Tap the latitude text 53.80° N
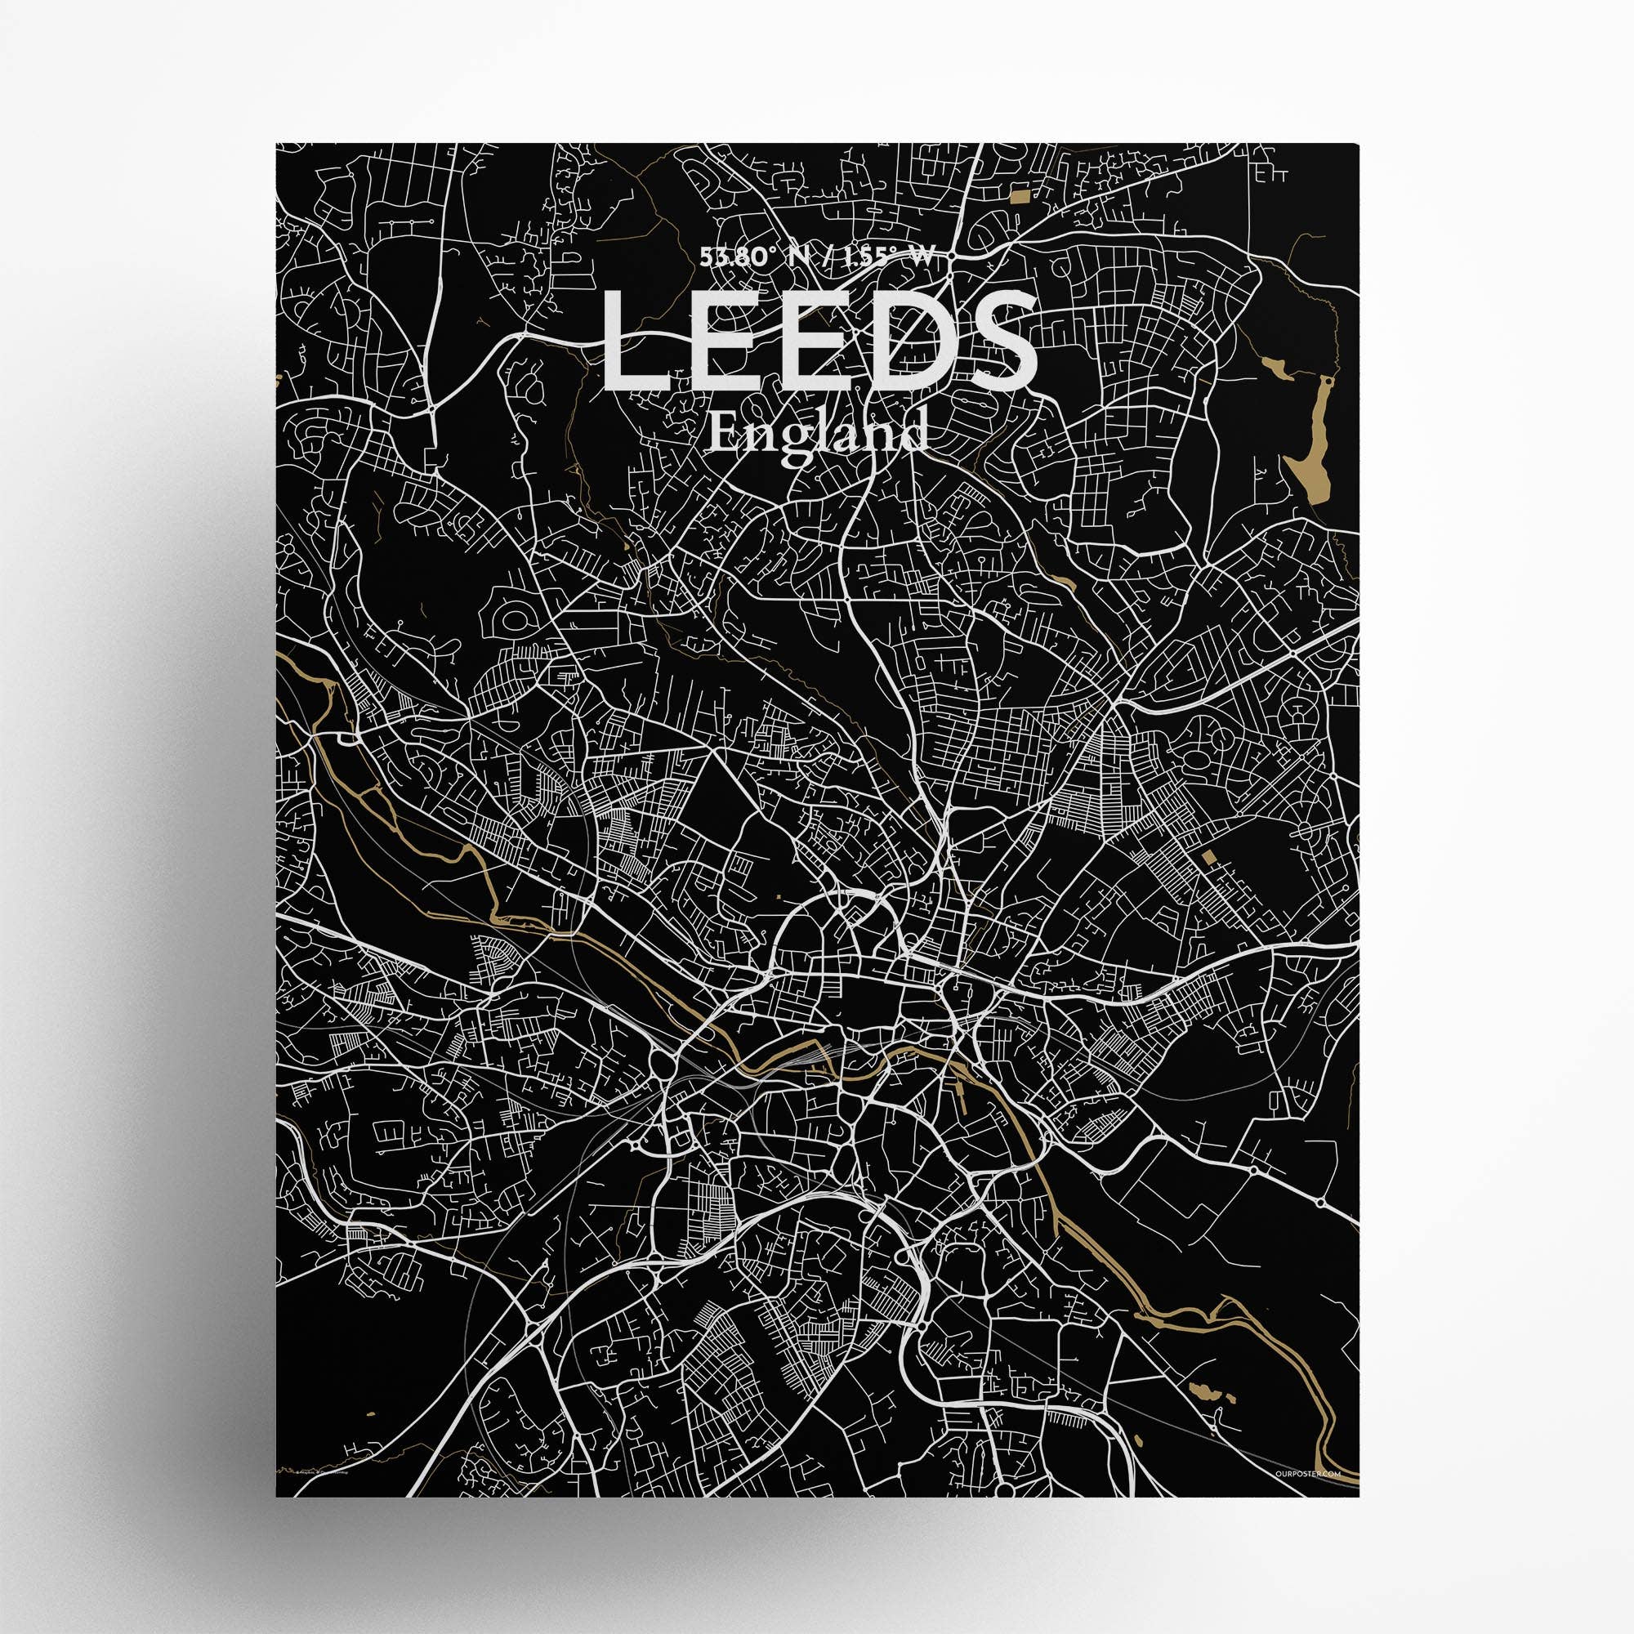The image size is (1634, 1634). pos(744,259)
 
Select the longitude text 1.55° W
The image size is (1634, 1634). pos(893,259)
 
